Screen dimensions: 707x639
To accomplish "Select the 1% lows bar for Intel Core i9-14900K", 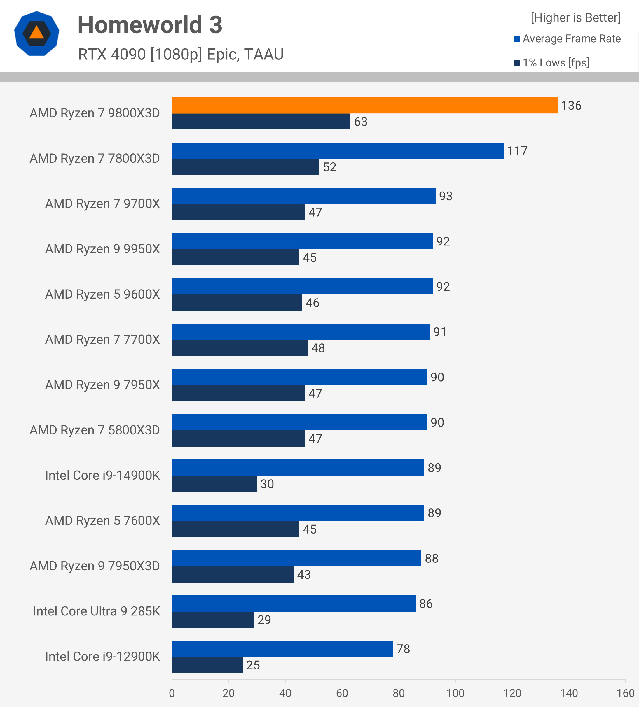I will [x=214, y=484].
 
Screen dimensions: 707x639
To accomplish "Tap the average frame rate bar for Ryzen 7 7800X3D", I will [x=338, y=150].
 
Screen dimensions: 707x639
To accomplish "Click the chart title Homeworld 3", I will [x=150, y=25].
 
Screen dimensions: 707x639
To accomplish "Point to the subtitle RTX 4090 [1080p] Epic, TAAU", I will [x=181, y=54].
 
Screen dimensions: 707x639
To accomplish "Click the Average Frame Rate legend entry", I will [x=568, y=38].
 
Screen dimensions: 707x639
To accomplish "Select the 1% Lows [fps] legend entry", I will [x=552, y=63].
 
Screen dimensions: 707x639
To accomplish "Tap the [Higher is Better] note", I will [x=575, y=17].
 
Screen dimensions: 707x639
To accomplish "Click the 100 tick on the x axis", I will [x=455, y=693].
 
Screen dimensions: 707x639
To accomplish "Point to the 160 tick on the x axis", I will [x=625, y=693].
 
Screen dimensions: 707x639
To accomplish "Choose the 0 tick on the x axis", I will [x=172, y=693].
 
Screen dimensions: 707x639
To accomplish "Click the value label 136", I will [x=571, y=106].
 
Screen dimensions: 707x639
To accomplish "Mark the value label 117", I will [x=517, y=151].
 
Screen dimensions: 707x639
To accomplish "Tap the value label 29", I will [x=264, y=620].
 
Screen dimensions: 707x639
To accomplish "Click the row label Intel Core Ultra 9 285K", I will [x=97, y=611].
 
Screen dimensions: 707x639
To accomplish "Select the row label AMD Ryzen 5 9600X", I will [x=102, y=294].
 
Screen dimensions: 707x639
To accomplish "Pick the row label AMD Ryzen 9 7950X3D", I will [x=95, y=566].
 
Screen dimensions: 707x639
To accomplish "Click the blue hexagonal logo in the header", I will [x=37, y=34].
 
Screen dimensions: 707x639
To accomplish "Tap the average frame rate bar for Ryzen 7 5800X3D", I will [x=299, y=422].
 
